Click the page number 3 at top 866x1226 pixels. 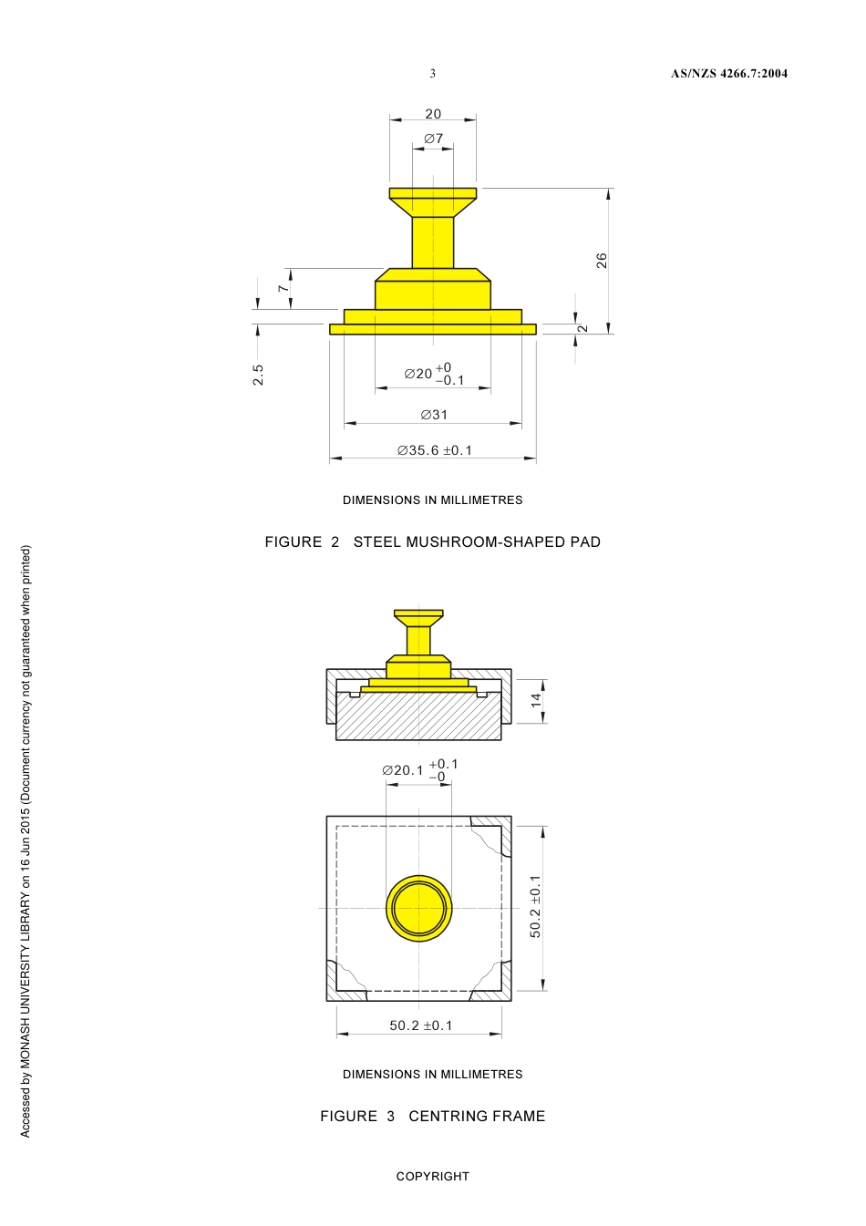pyautogui.click(x=432, y=74)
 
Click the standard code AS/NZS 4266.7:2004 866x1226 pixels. pyautogui.click(x=728, y=74)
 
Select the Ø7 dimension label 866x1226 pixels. pyautogui.click(x=433, y=139)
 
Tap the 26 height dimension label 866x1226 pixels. pyautogui.click(x=602, y=261)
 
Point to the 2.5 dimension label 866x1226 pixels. pyautogui.click(x=258, y=375)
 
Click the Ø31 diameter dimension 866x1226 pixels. pyautogui.click(x=434, y=415)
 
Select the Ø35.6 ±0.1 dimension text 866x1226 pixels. pyautogui.click(x=435, y=450)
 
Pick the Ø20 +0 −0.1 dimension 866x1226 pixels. pyautogui.click(x=434, y=374)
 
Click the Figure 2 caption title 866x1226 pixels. pyautogui.click(x=432, y=542)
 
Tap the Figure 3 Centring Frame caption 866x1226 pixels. pyautogui.click(x=432, y=1117)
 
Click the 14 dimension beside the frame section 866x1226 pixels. pyautogui.click(x=536, y=700)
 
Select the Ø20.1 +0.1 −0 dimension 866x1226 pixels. pyautogui.click(x=420, y=770)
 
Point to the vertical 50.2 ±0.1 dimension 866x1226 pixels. pyautogui.click(x=535, y=906)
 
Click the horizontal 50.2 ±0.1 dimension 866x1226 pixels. pyautogui.click(x=420, y=1025)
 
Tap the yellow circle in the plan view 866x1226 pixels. pyautogui.click(x=418, y=909)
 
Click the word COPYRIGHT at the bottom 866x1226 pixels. pyautogui.click(x=432, y=1177)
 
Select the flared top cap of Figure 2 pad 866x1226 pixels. pyautogui.click(x=433, y=196)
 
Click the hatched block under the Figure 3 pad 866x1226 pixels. pyautogui.click(x=418, y=720)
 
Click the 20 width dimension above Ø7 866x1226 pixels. pyautogui.click(x=433, y=114)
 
